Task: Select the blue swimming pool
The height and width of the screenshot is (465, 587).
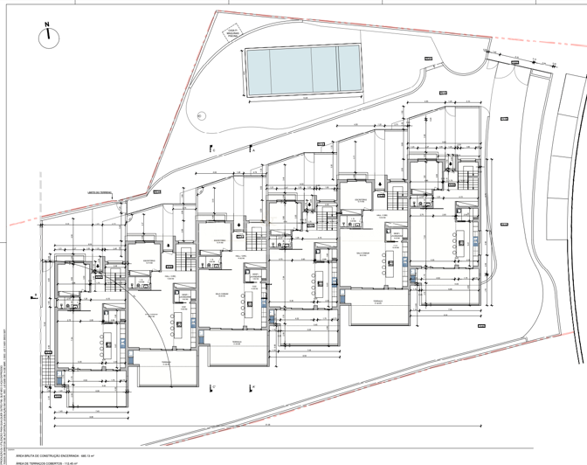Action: (303, 71)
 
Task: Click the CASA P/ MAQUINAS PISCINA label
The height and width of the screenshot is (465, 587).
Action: (232, 36)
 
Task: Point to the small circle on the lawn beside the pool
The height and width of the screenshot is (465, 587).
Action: (202, 115)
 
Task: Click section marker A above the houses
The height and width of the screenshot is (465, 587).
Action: (212, 149)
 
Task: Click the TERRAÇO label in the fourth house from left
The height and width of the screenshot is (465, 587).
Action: (378, 300)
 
